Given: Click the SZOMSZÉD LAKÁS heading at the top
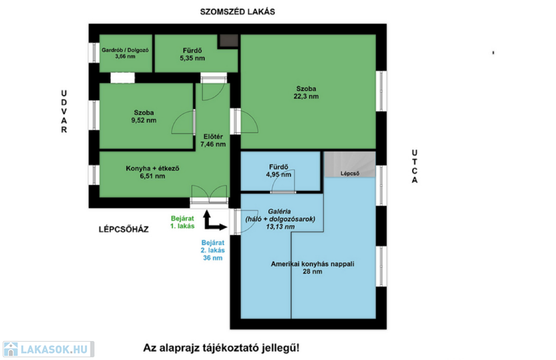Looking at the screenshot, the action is pyautogui.click(x=237, y=12).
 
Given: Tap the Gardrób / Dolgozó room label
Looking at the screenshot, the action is pyautogui.click(x=125, y=50).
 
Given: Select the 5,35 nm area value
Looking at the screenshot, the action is pyautogui.click(x=192, y=58).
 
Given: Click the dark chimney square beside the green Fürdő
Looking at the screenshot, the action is pyautogui.click(x=229, y=41).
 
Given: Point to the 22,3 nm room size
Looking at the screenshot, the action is pyautogui.click(x=306, y=96).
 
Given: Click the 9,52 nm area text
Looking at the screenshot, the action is pyautogui.click(x=143, y=120).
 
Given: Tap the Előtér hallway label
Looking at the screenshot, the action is pyautogui.click(x=213, y=136).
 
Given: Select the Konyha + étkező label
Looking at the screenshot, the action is pyautogui.click(x=153, y=168).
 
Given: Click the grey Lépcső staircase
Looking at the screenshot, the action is pyautogui.click(x=350, y=165).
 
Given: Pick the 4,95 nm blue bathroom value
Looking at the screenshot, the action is pyautogui.click(x=279, y=174).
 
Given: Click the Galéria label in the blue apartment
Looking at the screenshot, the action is pyautogui.click(x=280, y=211).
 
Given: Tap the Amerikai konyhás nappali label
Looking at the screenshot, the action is pyautogui.click(x=312, y=264).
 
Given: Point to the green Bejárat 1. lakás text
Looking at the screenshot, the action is pyautogui.click(x=182, y=222).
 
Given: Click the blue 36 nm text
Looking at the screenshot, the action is pyautogui.click(x=213, y=258).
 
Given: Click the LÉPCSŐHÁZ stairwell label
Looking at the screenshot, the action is pyautogui.click(x=123, y=230).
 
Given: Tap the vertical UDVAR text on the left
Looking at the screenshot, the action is pyautogui.click(x=64, y=111).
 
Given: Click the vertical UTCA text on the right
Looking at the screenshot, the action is pyautogui.click(x=414, y=166).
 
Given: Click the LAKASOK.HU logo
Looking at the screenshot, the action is pyautogui.click(x=48, y=349).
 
